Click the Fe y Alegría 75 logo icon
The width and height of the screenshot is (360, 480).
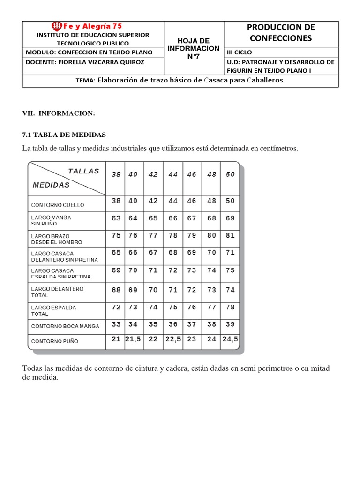coord(57,26)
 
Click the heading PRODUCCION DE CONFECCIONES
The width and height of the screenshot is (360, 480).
coord(281,33)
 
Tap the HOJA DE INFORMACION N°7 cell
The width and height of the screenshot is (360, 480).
coord(194,48)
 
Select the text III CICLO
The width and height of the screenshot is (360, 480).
coord(240,52)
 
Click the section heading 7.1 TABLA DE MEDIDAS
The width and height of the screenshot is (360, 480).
coord(64,135)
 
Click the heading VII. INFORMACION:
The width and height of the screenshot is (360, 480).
coord(59,113)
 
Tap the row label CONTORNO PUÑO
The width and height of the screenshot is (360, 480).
coord(55,341)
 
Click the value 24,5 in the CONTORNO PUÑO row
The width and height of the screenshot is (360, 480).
coord(230,339)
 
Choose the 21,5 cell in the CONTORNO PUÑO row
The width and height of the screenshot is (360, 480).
coord(134,339)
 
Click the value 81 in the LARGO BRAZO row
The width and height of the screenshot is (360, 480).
coord(230,235)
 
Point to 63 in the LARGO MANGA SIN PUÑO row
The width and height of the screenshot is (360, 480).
coord(116,217)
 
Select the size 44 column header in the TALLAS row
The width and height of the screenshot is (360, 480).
coord(173,174)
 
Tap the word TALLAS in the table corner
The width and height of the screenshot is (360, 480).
coord(83,171)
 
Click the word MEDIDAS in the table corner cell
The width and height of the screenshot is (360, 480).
coord(51,185)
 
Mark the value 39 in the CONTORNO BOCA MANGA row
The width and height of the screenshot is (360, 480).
coord(230,323)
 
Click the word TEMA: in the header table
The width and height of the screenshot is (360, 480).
coord(85,81)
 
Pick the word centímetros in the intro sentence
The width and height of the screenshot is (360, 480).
coord(276,148)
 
